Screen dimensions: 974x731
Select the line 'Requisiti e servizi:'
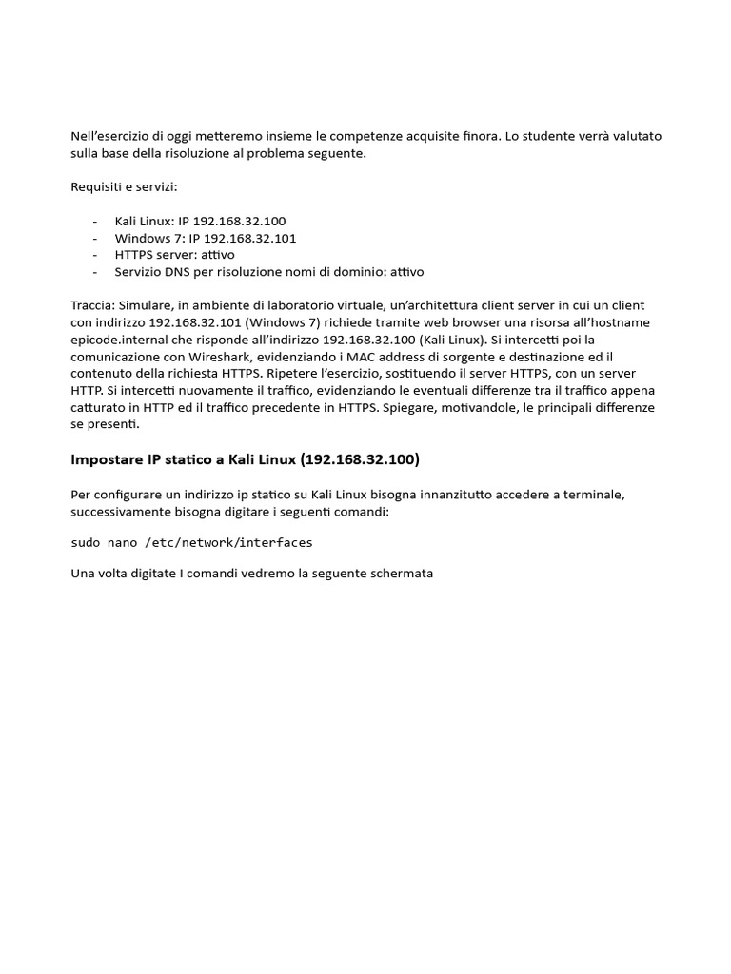tap(124, 186)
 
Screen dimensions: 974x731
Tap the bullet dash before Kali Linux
tap(95, 221)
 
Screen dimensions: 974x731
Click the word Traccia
tap(92, 305)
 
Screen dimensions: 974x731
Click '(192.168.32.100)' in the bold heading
tap(360, 459)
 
